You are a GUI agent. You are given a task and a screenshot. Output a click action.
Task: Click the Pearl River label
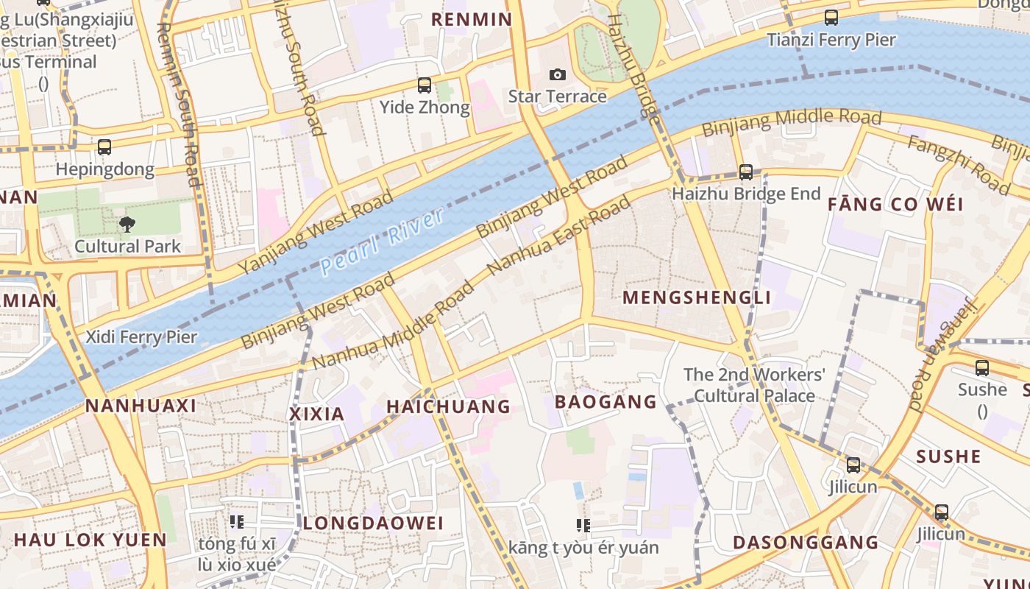click(383, 241)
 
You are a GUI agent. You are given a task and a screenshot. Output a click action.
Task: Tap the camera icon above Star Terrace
click(558, 74)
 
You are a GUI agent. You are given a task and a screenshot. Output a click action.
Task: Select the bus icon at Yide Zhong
click(425, 85)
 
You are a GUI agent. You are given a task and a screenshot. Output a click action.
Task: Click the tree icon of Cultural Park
click(127, 224)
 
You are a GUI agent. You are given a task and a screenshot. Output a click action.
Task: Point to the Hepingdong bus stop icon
click(104, 147)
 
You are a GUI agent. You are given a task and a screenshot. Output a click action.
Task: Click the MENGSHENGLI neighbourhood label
click(697, 297)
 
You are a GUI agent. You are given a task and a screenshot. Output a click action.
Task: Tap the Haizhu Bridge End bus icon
click(746, 172)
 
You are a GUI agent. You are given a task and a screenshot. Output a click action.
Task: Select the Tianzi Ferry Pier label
click(831, 40)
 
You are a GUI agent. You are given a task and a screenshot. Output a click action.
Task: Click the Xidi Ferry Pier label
click(141, 337)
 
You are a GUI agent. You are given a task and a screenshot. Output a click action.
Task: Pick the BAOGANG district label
click(605, 402)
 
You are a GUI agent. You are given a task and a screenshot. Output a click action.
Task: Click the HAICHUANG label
click(448, 406)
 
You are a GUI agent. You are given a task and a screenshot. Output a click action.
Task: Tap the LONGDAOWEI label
click(374, 523)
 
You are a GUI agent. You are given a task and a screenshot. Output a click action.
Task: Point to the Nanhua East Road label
click(559, 235)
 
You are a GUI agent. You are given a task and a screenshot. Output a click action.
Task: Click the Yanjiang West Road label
click(316, 232)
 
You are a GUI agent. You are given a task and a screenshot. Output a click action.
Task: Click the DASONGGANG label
click(806, 543)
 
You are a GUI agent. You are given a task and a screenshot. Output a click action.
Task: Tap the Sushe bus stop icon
click(982, 368)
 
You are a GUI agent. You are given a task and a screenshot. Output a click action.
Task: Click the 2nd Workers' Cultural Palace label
click(754, 385)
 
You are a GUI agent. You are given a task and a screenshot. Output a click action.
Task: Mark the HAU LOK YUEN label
click(90, 540)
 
